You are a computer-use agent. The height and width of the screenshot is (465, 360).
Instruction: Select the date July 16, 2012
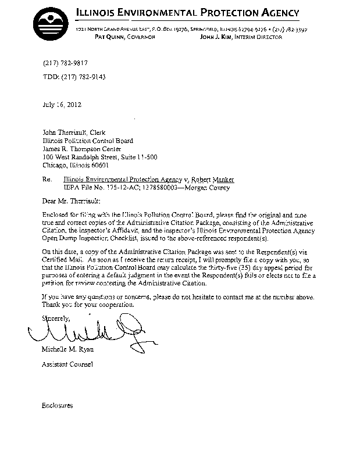click(63, 105)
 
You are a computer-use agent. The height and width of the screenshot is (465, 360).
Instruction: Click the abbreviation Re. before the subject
click(47, 180)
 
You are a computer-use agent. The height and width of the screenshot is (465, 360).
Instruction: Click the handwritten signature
click(87, 332)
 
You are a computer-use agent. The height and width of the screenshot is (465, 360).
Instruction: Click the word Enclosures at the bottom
click(57, 405)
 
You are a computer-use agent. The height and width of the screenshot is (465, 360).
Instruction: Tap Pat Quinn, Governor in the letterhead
click(124, 37)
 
